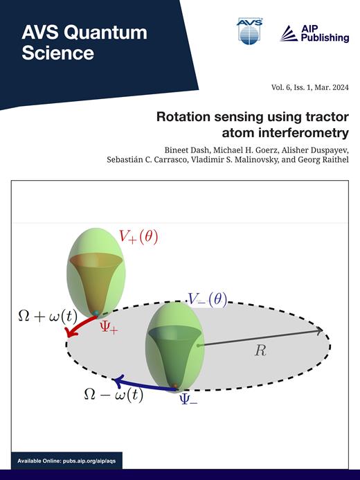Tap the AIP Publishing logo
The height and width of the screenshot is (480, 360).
tap(314, 33)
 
